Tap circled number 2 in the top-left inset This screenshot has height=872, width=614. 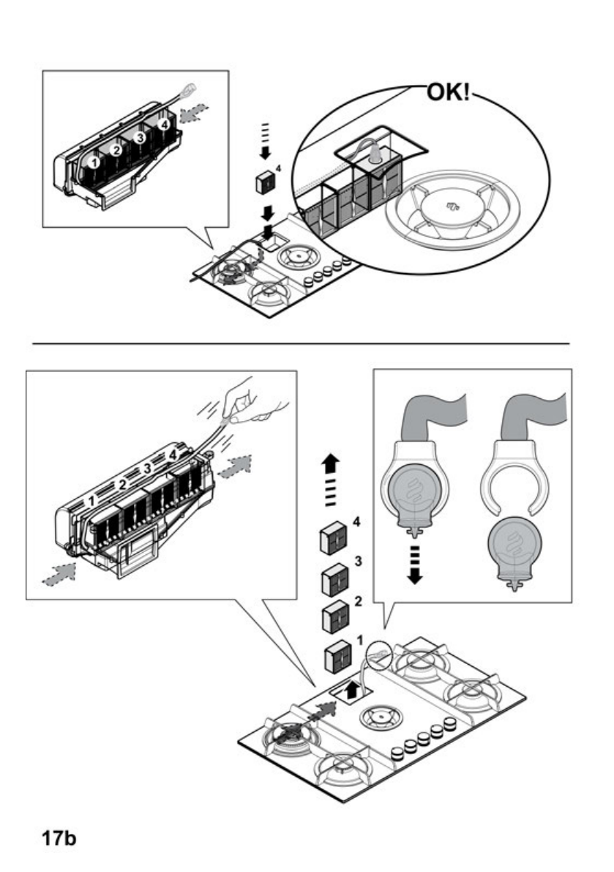(x=115, y=149)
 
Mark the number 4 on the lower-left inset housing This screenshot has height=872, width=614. (x=173, y=456)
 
